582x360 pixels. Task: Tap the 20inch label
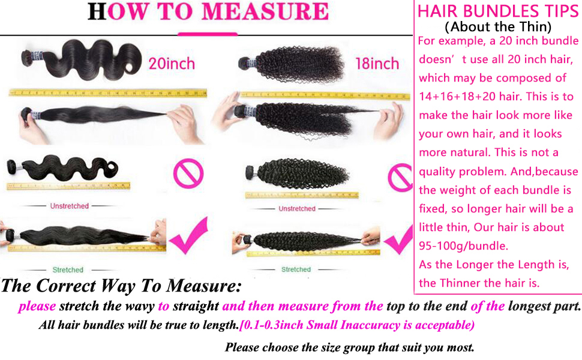pyautogui.click(x=172, y=63)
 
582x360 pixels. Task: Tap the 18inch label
pyautogui.click(x=376, y=63)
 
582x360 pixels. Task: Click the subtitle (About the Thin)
pyautogui.click(x=497, y=26)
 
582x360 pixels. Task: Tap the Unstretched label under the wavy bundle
pyautogui.click(x=69, y=206)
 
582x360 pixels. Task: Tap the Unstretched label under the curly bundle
pyautogui.click(x=296, y=208)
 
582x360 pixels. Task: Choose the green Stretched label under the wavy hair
pyautogui.click(x=68, y=269)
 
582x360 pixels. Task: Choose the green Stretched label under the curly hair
pyautogui.click(x=296, y=269)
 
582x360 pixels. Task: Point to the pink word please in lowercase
pyautogui.click(x=37, y=306)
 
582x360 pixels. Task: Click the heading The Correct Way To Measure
pyautogui.click(x=121, y=285)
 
